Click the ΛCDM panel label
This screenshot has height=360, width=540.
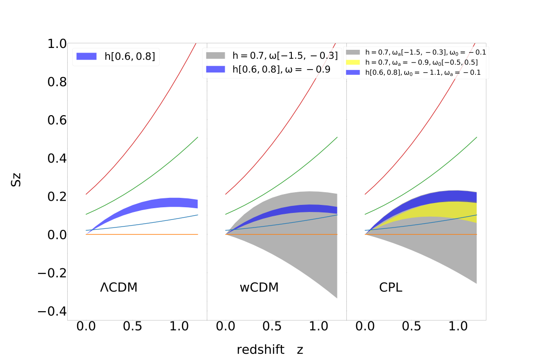119,288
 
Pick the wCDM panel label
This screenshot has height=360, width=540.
259,288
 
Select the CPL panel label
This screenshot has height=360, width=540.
391,288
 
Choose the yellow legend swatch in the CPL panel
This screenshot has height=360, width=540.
353,62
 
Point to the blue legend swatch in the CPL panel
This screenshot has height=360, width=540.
353,72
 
